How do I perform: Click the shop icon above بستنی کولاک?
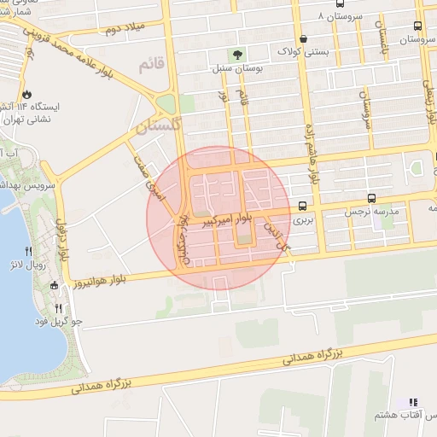coord(305,38)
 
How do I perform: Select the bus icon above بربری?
coord(303,205)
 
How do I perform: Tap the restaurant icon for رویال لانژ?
coord(29,252)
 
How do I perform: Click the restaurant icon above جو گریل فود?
coord(58,308)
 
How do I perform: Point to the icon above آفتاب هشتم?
coord(413,401)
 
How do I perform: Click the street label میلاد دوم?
coord(122,27)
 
